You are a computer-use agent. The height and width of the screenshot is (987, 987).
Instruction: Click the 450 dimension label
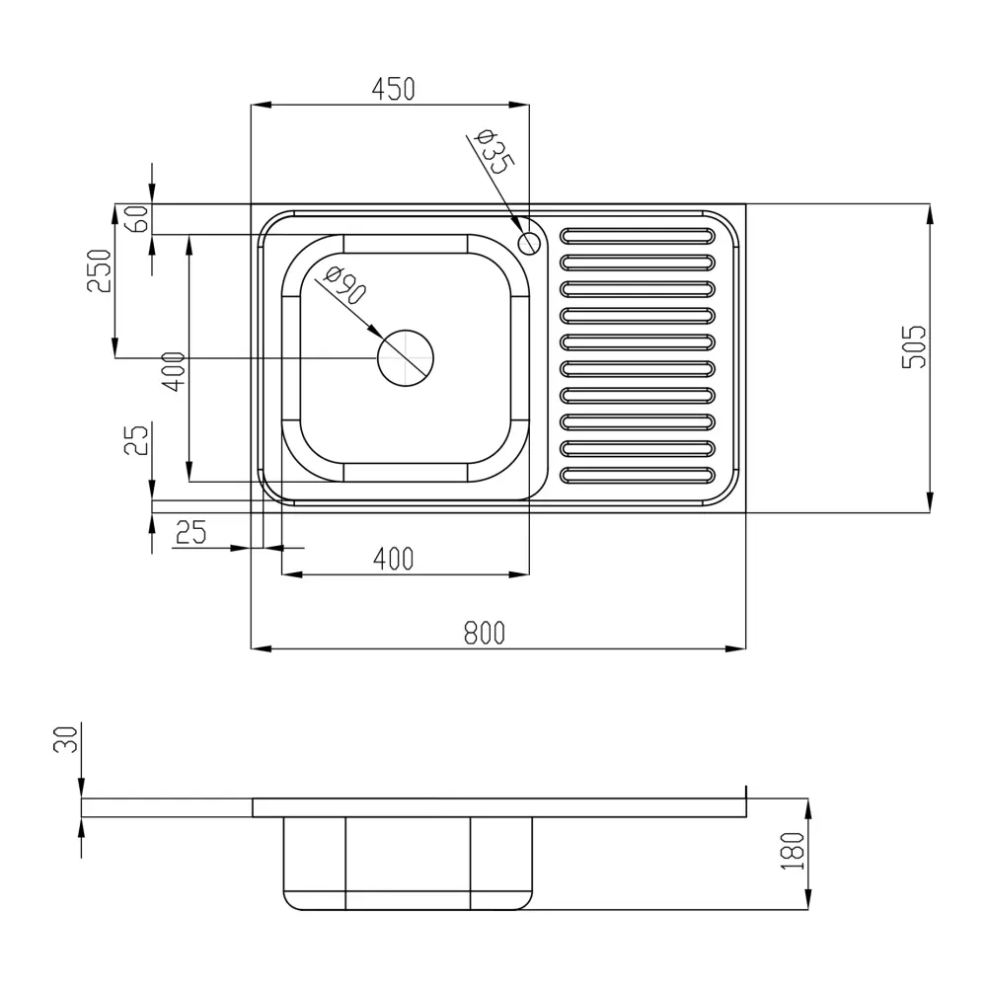(393, 90)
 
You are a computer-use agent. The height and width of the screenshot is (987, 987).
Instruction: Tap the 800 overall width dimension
(484, 634)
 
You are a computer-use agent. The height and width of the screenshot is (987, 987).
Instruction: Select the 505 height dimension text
(915, 346)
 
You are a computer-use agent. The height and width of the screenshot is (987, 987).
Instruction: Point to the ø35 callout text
(494, 151)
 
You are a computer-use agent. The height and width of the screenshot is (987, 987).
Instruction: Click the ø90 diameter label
(344, 284)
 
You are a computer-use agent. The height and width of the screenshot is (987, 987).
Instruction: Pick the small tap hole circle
(529, 243)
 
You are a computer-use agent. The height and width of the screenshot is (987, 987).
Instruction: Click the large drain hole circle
(406, 358)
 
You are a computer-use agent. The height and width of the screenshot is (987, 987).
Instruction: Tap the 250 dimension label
(100, 271)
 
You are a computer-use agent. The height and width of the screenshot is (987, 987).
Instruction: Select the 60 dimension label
(138, 219)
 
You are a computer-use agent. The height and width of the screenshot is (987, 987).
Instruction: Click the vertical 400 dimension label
(174, 372)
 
